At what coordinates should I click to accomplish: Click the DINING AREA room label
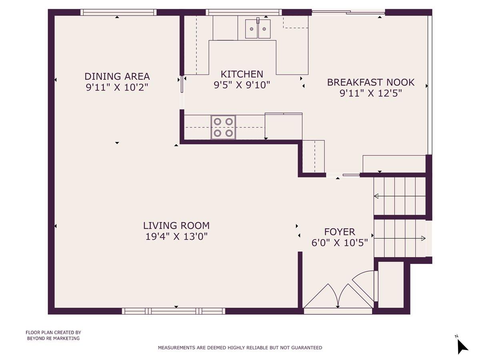[117, 76]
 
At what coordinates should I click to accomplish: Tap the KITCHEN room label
[242, 74]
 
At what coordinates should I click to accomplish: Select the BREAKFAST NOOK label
[371, 82]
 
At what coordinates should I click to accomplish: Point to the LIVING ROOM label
[176, 226]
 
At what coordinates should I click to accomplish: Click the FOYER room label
[339, 232]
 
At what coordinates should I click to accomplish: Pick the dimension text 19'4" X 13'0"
[176, 236]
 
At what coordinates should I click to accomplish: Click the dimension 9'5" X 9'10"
[242, 85]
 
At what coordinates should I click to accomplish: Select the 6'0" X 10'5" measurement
[339, 243]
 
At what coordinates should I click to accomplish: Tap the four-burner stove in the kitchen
[223, 127]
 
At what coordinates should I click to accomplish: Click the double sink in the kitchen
[258, 29]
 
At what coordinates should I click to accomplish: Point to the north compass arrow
[462, 349]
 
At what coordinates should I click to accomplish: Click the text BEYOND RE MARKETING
[53, 338]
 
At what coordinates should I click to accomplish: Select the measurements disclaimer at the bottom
[240, 348]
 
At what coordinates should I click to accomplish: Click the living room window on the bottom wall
[174, 311]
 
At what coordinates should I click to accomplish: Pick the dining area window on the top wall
[118, 12]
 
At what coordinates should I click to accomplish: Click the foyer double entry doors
[338, 296]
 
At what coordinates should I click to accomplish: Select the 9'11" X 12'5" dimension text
[371, 93]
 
